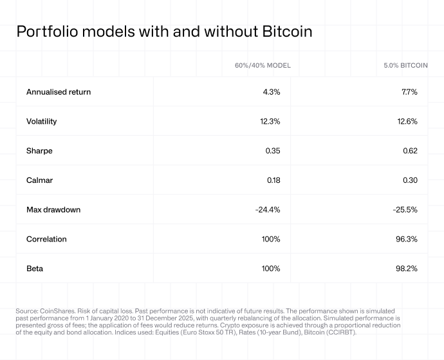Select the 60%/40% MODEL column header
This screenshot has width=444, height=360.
(x=263, y=66)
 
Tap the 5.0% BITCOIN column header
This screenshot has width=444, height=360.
(x=400, y=66)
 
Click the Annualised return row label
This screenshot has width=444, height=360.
(x=59, y=92)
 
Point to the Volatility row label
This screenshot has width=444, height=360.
(x=42, y=121)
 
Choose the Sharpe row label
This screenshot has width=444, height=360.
(x=39, y=151)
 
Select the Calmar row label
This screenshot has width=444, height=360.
(x=39, y=180)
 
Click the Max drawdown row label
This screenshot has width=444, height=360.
(x=53, y=210)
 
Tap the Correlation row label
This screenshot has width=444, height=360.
(x=46, y=239)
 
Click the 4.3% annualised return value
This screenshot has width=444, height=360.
(x=272, y=92)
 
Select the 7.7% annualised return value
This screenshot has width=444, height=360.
(x=409, y=92)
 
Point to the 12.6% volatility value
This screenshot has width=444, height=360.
(x=407, y=121)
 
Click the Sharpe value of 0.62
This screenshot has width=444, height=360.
(x=410, y=151)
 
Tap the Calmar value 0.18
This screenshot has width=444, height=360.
(x=273, y=180)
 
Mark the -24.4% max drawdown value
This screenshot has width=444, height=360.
(x=267, y=210)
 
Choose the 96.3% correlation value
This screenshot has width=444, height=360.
(x=407, y=239)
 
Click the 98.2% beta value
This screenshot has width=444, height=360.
(x=407, y=269)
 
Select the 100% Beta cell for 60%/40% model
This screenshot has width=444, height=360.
(x=271, y=269)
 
